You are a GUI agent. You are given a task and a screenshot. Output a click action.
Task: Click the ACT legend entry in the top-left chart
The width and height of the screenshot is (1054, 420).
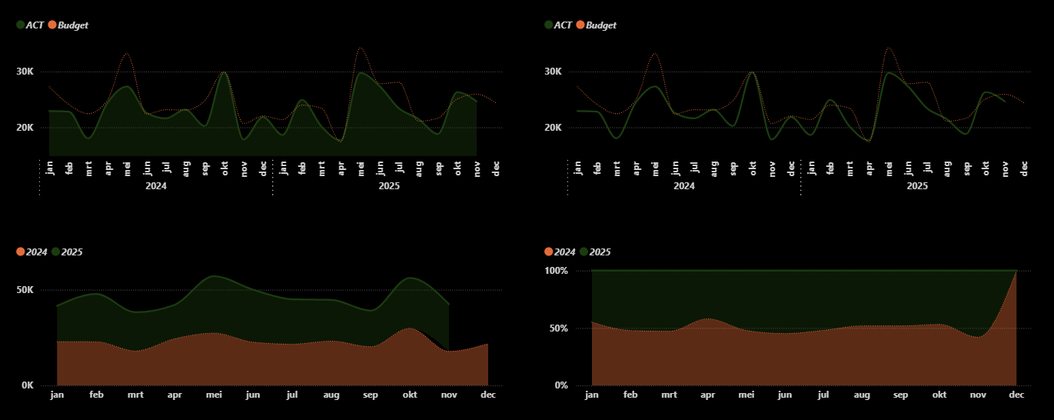(31, 25)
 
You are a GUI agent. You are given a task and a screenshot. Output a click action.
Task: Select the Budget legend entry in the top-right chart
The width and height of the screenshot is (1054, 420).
(600, 25)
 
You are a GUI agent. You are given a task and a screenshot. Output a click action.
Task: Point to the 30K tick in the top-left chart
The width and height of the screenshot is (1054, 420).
(25, 72)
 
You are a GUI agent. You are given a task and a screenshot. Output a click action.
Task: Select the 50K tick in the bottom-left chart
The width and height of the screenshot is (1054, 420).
(25, 290)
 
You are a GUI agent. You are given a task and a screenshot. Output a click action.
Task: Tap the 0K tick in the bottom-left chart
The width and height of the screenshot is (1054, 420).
(27, 385)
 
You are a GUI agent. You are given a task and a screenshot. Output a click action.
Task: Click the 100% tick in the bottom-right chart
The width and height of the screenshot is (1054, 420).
(556, 271)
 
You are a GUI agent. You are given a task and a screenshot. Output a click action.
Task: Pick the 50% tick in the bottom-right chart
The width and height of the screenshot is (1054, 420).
(558, 328)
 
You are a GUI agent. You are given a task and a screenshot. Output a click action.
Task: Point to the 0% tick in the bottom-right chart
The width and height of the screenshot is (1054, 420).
(560, 385)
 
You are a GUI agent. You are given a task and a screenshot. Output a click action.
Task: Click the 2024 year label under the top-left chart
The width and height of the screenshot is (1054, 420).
(156, 185)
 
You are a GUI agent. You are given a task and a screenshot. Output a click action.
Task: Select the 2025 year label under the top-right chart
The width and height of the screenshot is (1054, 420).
(917, 185)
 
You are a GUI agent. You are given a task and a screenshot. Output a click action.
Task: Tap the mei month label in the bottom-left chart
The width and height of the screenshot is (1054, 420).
(214, 395)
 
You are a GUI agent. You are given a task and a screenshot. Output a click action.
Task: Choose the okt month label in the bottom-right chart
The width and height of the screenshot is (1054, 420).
(939, 395)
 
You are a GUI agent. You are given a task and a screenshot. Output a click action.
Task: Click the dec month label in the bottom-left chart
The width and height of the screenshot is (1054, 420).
(488, 395)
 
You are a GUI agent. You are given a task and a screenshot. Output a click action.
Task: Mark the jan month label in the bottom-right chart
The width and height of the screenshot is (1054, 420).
(592, 395)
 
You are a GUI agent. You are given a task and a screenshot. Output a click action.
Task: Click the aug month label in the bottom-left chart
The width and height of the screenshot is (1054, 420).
(331, 395)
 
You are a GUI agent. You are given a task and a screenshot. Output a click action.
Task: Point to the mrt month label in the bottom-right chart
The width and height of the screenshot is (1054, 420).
(669, 395)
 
